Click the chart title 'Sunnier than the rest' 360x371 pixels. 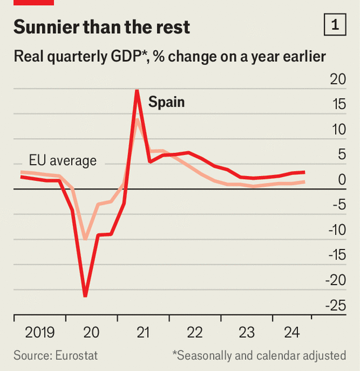(101, 27)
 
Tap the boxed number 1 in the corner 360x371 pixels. (336, 25)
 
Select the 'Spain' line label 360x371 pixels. (166, 102)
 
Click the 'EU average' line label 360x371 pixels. (62, 160)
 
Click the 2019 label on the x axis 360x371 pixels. (40, 332)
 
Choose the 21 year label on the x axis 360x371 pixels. (144, 332)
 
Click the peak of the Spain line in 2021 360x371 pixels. (137, 91)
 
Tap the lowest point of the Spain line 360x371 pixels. (85, 295)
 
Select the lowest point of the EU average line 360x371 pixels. (86, 238)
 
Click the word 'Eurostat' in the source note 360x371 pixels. (76, 356)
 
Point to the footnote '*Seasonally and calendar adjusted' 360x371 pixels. (259, 356)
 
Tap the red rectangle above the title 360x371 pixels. (33, 2)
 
